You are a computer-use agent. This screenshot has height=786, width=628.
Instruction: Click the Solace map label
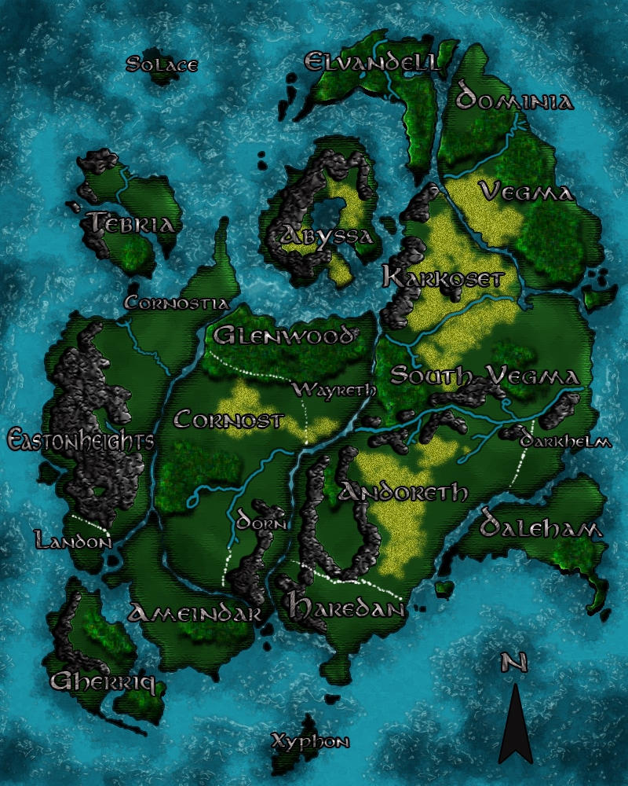pos(162,65)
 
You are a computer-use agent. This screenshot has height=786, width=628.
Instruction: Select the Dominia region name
pos(515,99)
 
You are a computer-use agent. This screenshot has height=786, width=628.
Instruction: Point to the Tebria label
pos(131,225)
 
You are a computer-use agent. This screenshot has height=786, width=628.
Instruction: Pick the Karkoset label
pos(442,278)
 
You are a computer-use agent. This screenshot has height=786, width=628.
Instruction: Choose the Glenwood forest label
pos(284,336)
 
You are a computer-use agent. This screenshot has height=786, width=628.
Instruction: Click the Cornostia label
pos(177,303)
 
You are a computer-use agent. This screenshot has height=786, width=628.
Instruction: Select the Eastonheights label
pos(81,441)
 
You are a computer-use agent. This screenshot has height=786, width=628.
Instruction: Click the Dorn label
pos(262,522)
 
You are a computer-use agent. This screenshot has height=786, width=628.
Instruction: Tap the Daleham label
pos(541,527)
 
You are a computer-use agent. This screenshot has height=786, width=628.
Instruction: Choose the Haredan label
pos(346,608)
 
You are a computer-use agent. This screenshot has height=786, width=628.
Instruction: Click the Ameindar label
pos(194,613)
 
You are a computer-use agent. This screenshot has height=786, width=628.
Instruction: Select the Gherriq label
pos(102,680)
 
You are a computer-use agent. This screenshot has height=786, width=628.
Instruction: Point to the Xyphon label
pos(310,741)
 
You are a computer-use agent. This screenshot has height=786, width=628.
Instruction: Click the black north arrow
pos(515,724)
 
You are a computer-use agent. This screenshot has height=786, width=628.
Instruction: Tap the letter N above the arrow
pos(514,663)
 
